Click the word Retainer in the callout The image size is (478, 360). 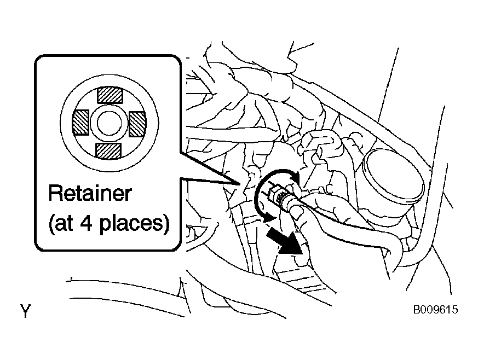90,193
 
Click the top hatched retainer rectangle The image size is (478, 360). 110,95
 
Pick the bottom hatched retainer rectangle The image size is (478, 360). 108,151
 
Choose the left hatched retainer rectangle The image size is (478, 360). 80,123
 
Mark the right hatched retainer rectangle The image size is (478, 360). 137,124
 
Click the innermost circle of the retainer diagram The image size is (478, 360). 109,123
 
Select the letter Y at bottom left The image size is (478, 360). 26,311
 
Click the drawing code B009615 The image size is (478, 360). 435,310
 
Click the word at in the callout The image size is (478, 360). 64,223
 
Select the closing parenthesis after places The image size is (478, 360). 166,224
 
